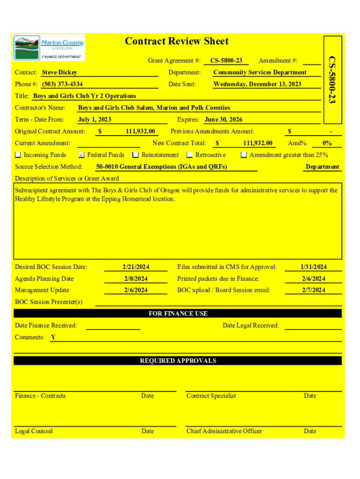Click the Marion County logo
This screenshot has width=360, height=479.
tap(49, 48)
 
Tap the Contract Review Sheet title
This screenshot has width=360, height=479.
tap(177, 42)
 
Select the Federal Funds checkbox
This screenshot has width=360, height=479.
tap(81, 155)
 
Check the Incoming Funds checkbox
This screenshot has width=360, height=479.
tap(18, 155)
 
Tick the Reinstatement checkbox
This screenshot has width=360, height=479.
tap(136, 155)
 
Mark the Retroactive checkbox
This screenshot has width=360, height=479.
tap(190, 155)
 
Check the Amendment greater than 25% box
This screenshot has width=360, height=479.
tap(244, 155)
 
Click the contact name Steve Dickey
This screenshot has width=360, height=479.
tap(59, 73)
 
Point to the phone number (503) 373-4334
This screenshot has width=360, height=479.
tap(62, 84)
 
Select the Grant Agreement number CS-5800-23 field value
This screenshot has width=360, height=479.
tap(226, 61)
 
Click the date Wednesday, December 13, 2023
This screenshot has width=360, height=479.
tap(257, 84)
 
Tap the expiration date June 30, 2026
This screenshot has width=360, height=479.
tap(223, 120)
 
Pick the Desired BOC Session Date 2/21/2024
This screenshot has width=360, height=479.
tap(136, 267)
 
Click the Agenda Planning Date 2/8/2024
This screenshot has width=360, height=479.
tap(136, 279)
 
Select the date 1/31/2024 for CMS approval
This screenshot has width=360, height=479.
tap(313, 267)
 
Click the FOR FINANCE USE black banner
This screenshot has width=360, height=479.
tap(178, 313)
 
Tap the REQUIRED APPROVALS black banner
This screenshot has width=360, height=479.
tap(178, 361)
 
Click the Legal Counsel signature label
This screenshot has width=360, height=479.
tap(34, 431)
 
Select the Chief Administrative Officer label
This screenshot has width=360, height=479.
tap(224, 431)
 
